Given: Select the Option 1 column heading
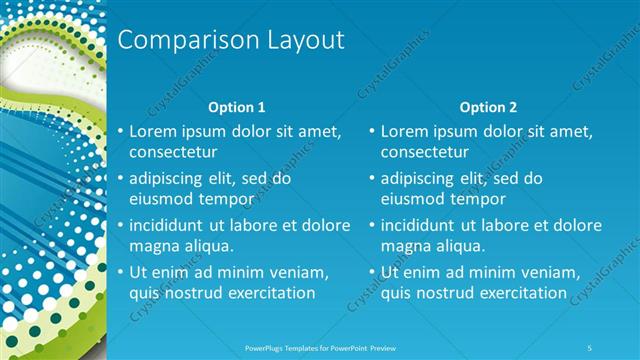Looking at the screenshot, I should click(x=236, y=107).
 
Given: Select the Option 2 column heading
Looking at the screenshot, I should click(x=488, y=107).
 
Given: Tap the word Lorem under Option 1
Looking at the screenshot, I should click(x=154, y=131).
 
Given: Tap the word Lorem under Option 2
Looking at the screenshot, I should click(x=406, y=131).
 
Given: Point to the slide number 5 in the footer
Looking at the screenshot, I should click(x=591, y=348).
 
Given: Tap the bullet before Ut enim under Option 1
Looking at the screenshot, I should click(x=121, y=273).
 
